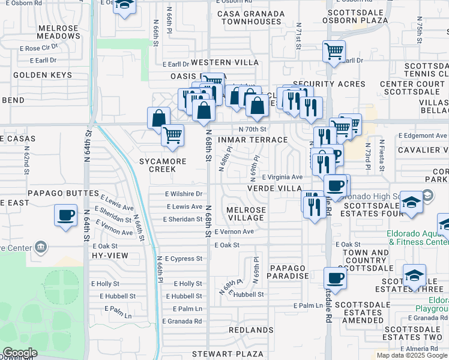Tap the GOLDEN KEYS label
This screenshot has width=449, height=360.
click(42, 75)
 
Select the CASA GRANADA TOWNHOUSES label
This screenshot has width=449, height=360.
click(251, 17)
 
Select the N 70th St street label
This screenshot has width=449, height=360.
click(252, 129)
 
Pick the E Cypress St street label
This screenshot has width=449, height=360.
click(183, 259)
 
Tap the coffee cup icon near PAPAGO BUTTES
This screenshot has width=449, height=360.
click(65, 214)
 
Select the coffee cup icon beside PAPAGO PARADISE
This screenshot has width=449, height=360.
click(335, 278)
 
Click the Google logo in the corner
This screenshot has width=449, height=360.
click(20, 353)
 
